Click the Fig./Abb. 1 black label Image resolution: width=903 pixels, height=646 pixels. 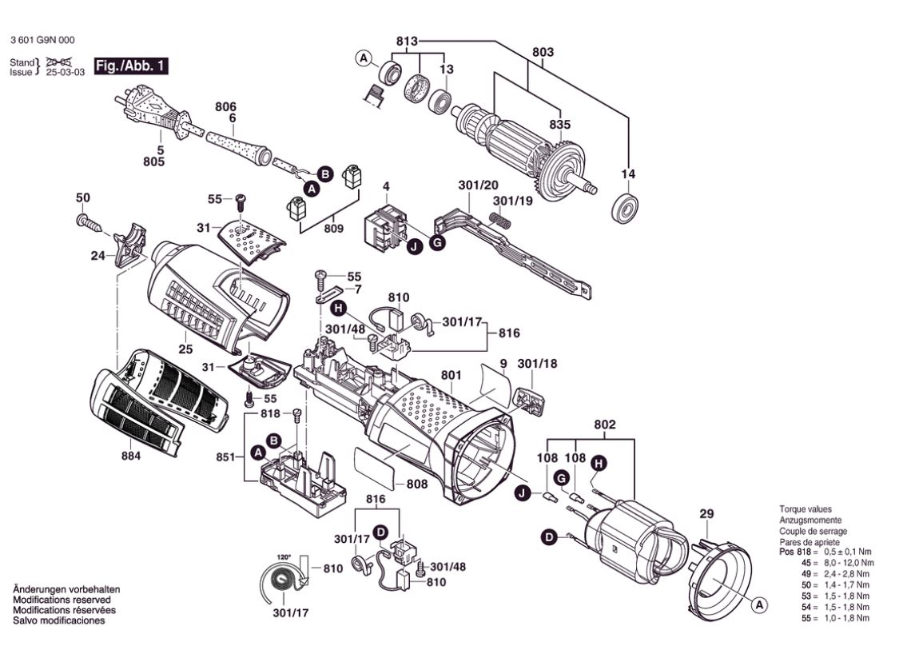pyautogui.click(x=131, y=66)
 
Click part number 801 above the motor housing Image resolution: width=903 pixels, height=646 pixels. pyautogui.click(x=451, y=374)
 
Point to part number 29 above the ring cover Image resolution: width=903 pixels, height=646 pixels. pyautogui.click(x=706, y=513)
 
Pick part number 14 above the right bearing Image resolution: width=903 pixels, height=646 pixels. pyautogui.click(x=628, y=174)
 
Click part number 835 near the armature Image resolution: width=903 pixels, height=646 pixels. pyautogui.click(x=560, y=125)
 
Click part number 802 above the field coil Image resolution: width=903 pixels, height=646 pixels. pyautogui.click(x=605, y=426)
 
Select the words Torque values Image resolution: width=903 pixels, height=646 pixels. pyautogui.click(x=806, y=509)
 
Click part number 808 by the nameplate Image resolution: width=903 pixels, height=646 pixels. pyautogui.click(x=416, y=484)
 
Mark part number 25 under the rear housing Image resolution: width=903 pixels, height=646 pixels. pyautogui.click(x=185, y=349)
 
